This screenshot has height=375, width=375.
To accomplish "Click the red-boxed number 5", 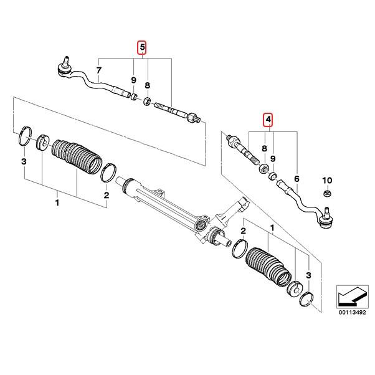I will pyautogui.click(x=143, y=47).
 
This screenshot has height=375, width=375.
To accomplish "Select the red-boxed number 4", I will pyautogui.click(x=268, y=119).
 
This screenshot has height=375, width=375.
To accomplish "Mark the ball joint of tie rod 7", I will pyautogui.click(x=64, y=67).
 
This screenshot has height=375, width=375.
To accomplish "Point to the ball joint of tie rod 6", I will pyautogui.click(x=326, y=218).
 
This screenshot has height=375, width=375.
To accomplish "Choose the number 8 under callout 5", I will pyautogui.click(x=147, y=84).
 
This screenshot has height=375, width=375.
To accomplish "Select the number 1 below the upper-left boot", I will pyautogui.click(x=57, y=203).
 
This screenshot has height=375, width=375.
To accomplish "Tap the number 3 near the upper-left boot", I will pyautogui.click(x=24, y=163).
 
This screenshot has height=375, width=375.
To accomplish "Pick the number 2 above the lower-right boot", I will pyautogui.click(x=244, y=231).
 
